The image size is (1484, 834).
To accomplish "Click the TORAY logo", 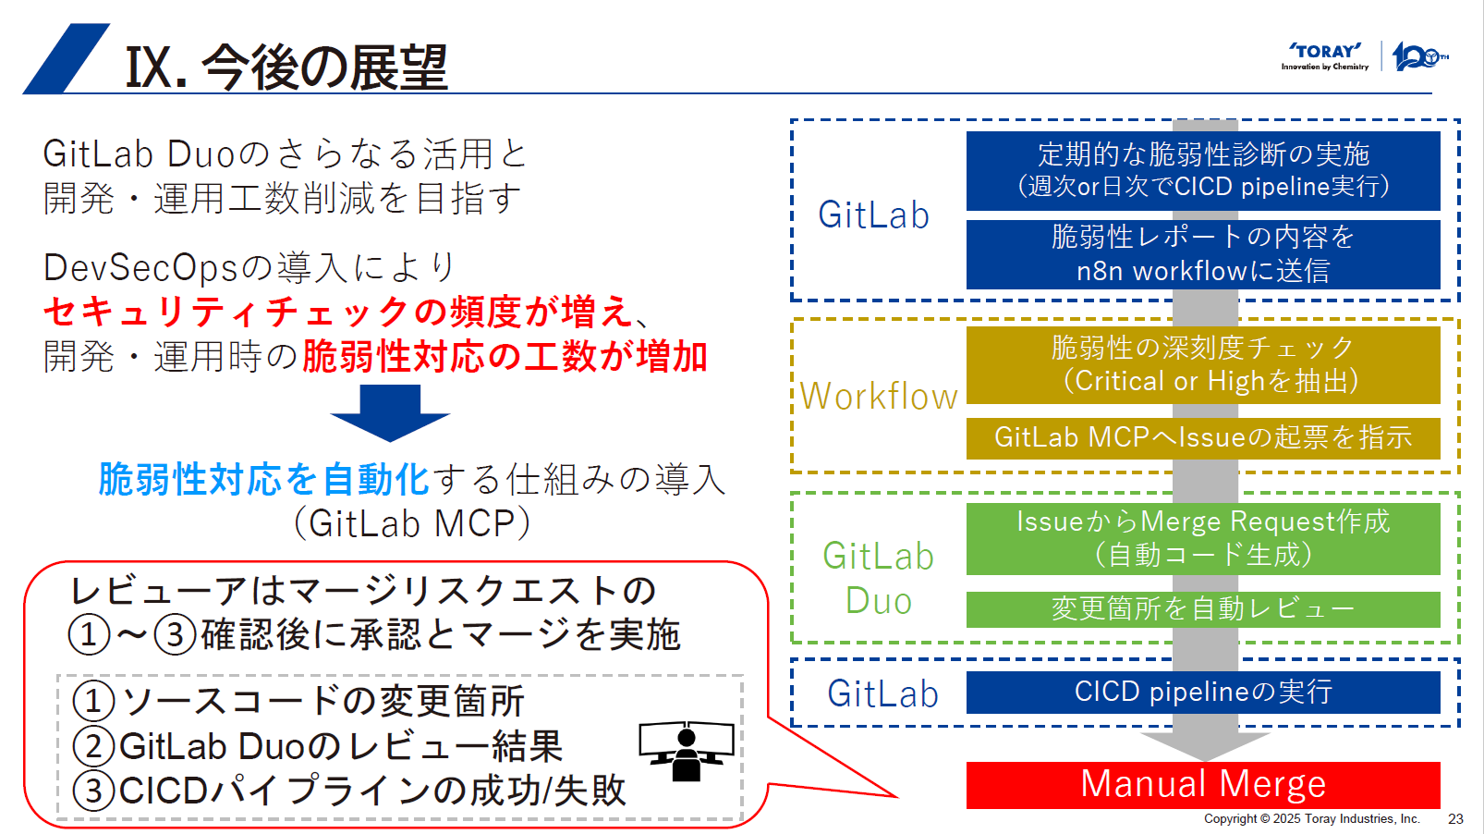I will [x=1325, y=55].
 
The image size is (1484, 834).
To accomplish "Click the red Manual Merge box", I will [x=1203, y=784].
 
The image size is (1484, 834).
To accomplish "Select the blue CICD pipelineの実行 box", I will [x=1203, y=692].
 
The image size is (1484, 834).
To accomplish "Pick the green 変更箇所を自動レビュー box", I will [x=1203, y=609].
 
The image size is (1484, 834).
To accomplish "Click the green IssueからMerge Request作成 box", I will [x=1203, y=538].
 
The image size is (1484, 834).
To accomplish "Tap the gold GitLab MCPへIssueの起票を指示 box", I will [x=1203, y=437].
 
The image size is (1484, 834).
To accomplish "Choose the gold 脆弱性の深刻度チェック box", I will [x=1203, y=364].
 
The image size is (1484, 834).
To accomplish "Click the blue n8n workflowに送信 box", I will [x=1203, y=254].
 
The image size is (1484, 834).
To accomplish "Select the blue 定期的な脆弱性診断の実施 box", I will [x=1203, y=170].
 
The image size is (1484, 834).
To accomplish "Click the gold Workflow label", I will [x=879, y=397].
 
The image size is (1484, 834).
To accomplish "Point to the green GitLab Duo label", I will [x=879, y=578].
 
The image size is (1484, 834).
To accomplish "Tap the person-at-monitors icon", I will [x=686, y=750].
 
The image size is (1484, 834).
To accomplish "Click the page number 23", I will [x=1455, y=819].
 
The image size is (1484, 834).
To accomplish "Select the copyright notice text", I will [x=1311, y=819].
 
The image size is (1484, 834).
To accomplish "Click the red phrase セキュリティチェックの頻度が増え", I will [x=338, y=312].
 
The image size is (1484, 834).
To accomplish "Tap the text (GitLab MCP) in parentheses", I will [x=412, y=523].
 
